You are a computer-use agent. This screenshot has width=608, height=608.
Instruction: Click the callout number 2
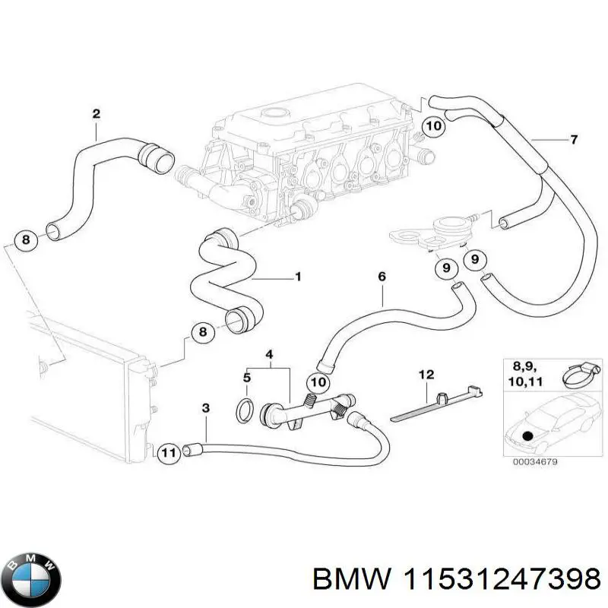(x=96, y=114)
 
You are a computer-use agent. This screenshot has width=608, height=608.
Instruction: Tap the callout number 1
(x=298, y=277)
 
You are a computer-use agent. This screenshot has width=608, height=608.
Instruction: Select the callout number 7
(x=575, y=139)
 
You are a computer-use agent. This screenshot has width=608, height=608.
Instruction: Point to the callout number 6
(x=382, y=278)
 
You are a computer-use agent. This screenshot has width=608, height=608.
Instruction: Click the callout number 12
(x=426, y=374)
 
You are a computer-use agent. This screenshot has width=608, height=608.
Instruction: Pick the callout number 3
(x=205, y=409)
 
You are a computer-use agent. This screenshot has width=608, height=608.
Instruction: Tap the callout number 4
(x=268, y=355)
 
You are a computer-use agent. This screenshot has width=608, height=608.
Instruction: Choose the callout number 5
(x=246, y=377)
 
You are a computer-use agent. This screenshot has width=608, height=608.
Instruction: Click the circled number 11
(x=169, y=453)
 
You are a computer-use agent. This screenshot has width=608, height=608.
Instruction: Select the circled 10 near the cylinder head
(x=432, y=126)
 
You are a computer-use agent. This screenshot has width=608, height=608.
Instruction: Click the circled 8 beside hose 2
(x=25, y=241)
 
